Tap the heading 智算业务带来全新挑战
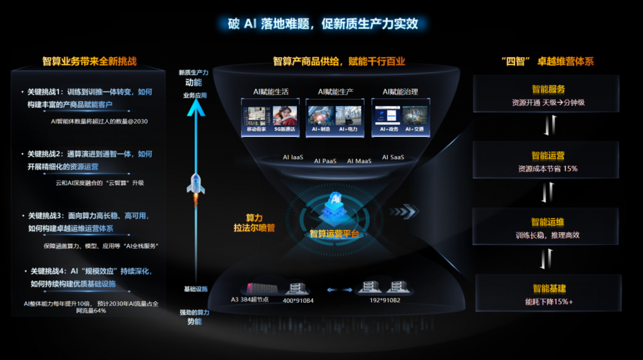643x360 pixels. [89, 62]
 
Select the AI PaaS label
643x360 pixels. [325, 161]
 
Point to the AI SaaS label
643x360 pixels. [394, 157]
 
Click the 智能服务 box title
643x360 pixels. [548, 89]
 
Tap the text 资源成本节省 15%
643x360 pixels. [548, 168]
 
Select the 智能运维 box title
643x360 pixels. [548, 222]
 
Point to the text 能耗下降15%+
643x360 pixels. [548, 301]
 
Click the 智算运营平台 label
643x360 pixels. [334, 234]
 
